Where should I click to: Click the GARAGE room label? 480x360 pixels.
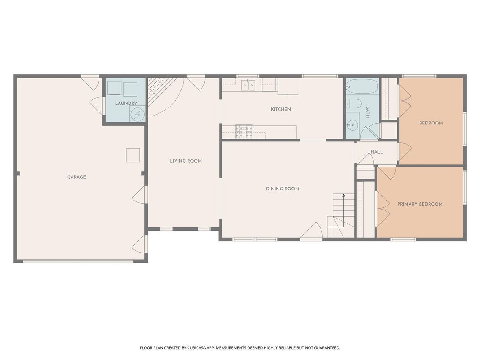77,177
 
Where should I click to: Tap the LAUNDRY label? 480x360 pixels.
126,103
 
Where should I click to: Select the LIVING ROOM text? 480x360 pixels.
186,161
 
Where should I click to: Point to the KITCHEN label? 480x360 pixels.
281,109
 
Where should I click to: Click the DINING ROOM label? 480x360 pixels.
283,189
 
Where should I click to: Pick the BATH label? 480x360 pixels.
368,112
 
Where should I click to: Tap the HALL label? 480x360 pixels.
377,152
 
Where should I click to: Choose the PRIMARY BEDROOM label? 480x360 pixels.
420,204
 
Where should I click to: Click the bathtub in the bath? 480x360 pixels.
362,86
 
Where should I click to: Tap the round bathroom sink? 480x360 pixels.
353,125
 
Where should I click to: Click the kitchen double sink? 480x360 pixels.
248,85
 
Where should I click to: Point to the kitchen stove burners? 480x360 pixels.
244,132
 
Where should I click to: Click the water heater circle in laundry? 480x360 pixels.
137,114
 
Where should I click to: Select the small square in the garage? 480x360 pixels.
133,155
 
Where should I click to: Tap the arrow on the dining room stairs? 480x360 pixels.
344,210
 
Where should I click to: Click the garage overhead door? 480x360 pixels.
78,261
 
